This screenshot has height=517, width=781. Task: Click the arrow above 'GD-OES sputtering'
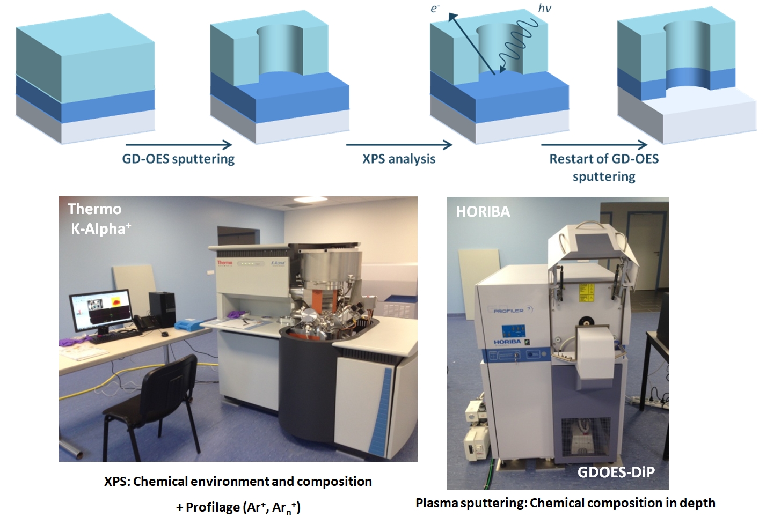pos(179,145)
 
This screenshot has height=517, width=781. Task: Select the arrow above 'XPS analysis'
pos(399,145)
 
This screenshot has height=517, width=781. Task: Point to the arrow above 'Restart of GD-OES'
pos(594,145)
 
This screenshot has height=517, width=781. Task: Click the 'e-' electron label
pos(435,8)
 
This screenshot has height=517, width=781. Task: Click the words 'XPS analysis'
pos(399,159)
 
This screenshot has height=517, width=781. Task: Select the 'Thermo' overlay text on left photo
pos(94,209)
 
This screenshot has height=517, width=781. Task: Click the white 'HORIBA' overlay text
pos(483,211)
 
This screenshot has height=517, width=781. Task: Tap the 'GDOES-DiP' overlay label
pos(616,472)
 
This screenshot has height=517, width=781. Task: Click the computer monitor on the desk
pos(100,313)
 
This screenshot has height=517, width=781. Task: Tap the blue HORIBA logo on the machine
pos(507,342)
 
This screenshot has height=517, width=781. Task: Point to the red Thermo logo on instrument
pos(224,263)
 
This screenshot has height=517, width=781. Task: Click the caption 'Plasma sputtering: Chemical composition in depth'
pos(565,504)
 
